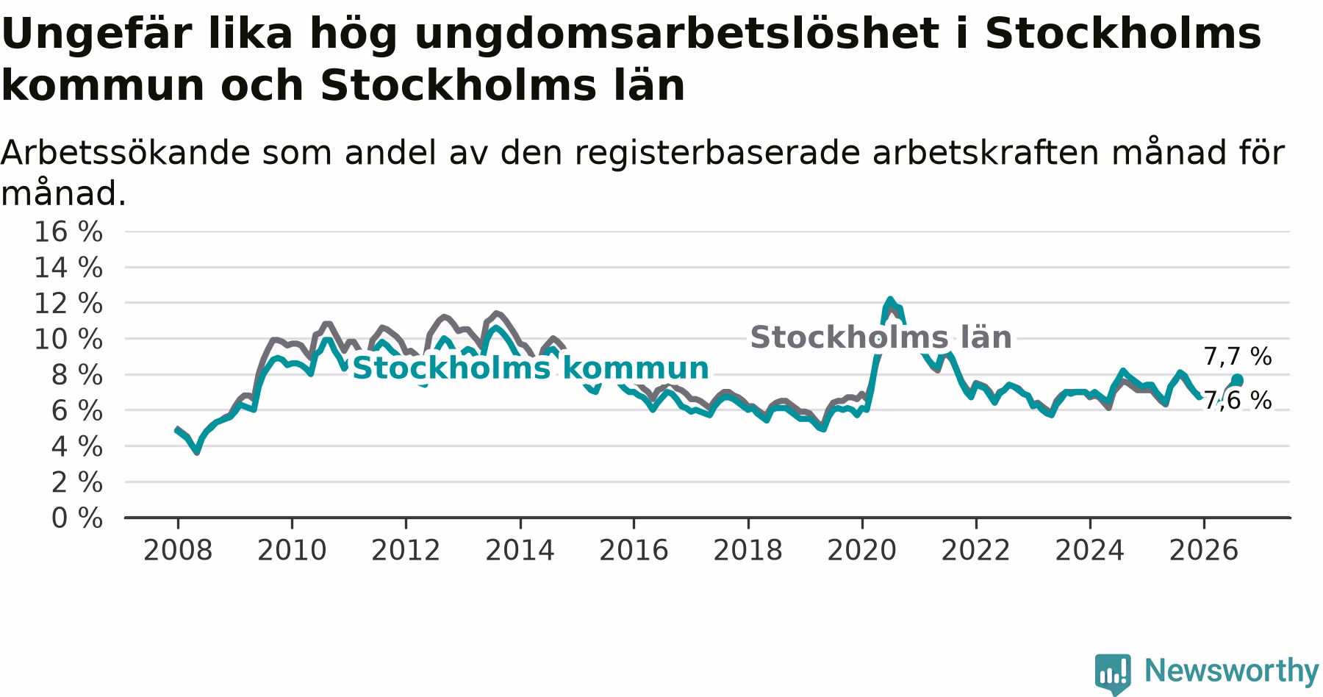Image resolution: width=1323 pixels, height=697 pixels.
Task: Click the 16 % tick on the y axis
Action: pyautogui.click(x=68, y=232)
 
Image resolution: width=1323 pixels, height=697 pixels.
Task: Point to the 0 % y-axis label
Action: pyautogui.click(x=76, y=518)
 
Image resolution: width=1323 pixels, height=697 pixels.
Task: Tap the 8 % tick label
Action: pyautogui.click(x=76, y=375)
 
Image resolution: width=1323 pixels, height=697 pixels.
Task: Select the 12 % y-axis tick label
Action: pyautogui.click(x=68, y=303)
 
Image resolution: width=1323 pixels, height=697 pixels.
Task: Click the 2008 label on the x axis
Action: pyautogui.click(x=178, y=550)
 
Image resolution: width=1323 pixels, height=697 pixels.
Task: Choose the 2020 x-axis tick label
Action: pyautogui.click(x=862, y=550)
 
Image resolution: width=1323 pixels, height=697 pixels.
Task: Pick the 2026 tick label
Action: pyautogui.click(x=1204, y=550)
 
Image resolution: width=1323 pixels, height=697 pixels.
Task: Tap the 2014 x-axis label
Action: pyautogui.click(x=520, y=550)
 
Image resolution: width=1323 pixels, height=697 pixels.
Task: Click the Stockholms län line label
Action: pyautogui.click(x=881, y=337)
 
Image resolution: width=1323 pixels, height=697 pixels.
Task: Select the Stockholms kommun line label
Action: pyautogui.click(x=531, y=368)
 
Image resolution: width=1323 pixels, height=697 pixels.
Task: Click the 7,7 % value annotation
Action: pyautogui.click(x=1238, y=357)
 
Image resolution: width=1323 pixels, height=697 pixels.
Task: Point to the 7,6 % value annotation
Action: pyautogui.click(x=1238, y=401)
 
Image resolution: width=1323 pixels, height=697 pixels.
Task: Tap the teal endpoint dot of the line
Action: pyautogui.click(x=1237, y=380)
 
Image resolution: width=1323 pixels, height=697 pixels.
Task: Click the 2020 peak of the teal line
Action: pyautogui.click(x=890, y=299)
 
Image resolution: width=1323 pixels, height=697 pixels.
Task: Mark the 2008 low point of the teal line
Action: pyautogui.click(x=197, y=451)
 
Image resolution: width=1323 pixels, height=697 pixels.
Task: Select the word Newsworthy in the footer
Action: pyautogui.click(x=1232, y=671)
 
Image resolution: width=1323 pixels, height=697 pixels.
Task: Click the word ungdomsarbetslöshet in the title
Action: pyautogui.click(x=676, y=33)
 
